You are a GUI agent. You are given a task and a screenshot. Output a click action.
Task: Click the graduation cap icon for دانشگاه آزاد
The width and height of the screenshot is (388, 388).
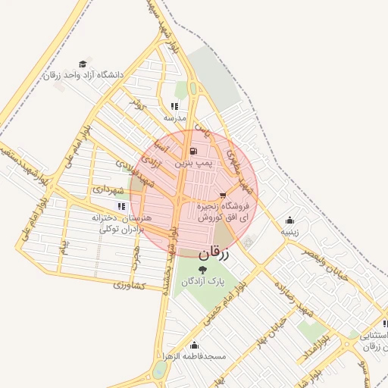pyautogui.click(x=83, y=64)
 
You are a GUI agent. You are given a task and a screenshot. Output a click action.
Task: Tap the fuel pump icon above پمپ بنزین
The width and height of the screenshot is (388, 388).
pyautogui.click(x=193, y=152)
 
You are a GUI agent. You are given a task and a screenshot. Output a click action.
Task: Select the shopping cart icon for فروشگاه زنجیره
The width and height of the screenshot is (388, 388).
pyautogui.click(x=222, y=196)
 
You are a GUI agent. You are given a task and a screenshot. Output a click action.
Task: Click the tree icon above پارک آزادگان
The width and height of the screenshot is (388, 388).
pyautogui.click(x=200, y=268)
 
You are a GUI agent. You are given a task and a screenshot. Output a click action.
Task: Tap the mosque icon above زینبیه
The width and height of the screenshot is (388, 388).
pyautogui.click(x=289, y=220)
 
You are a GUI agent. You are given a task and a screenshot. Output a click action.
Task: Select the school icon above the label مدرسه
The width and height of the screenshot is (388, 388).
pyautogui.click(x=174, y=107)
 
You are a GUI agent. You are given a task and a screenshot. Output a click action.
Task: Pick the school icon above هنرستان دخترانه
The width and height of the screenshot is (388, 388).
pyautogui.click(x=120, y=205)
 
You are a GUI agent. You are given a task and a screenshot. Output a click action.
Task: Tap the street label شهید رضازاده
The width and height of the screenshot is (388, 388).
pyautogui.click(x=293, y=299)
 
